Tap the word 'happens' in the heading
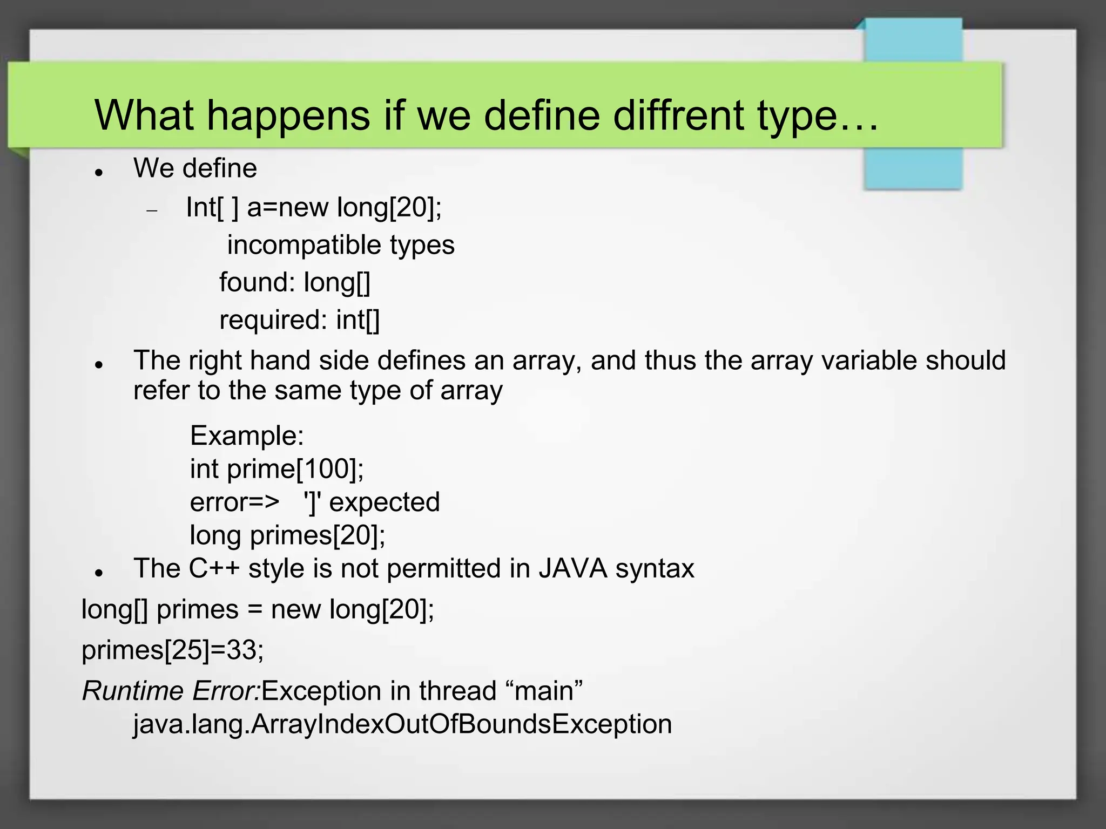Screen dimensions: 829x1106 pyautogui.click(x=288, y=116)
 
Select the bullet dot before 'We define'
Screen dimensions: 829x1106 pyautogui.click(x=98, y=173)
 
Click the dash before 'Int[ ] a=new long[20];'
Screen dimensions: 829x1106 pyautogui.click(x=152, y=210)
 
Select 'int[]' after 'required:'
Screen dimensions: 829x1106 pyautogui.click(x=358, y=320)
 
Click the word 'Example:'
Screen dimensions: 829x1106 pyautogui.click(x=247, y=436)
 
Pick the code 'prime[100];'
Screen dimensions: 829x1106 pyautogui.click(x=295, y=468)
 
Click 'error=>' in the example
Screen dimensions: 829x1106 pyautogui.click(x=234, y=502)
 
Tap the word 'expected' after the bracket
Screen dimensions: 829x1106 pyautogui.click(x=385, y=502)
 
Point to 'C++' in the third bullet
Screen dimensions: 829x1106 pyautogui.click(x=213, y=568)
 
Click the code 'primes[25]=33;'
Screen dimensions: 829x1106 pyautogui.click(x=173, y=650)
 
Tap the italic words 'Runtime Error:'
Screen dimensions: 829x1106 pyautogui.click(x=171, y=691)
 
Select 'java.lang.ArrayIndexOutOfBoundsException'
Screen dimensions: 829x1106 pyautogui.click(x=402, y=724)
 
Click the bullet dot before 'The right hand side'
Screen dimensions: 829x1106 pyautogui.click(x=98, y=365)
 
